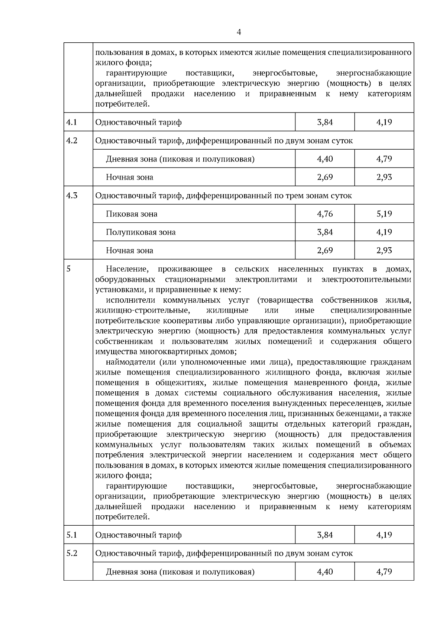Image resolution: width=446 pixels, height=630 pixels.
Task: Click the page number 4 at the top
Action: [x=239, y=32]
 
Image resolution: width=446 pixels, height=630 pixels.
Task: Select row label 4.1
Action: [x=71, y=122]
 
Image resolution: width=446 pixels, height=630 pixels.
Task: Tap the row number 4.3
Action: [x=71, y=195]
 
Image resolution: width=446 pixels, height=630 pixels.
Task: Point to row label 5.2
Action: [x=72, y=553]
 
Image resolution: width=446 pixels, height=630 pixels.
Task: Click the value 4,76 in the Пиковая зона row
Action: [x=325, y=214]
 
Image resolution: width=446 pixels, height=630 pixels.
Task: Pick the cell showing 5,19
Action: [x=384, y=214]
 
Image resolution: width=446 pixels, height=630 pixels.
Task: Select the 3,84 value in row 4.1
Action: [x=325, y=122]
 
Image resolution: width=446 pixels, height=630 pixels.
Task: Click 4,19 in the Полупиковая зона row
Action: [x=384, y=232]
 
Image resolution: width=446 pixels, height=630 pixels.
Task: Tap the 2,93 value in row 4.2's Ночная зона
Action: [x=384, y=177]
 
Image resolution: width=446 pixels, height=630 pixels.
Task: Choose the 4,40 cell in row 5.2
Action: [x=325, y=572]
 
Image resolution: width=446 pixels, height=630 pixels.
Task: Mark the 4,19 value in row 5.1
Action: [x=384, y=535]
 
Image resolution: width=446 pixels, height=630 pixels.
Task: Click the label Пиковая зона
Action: [x=131, y=214]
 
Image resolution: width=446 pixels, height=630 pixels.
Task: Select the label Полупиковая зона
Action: [x=140, y=232]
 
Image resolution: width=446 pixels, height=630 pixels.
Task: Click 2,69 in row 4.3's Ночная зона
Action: [x=325, y=250]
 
